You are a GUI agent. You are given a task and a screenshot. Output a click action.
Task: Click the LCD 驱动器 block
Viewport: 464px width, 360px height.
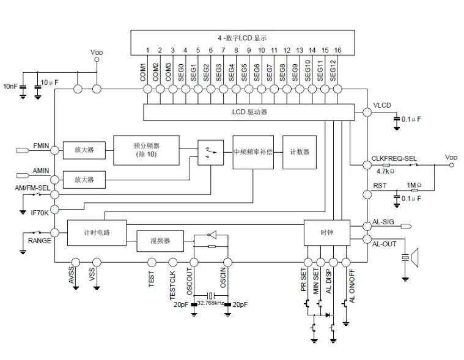pos(249,112)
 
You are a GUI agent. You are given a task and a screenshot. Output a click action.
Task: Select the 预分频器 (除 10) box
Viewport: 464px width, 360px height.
pos(146,150)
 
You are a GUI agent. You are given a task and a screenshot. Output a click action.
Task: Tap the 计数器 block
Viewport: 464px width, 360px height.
pos(300,152)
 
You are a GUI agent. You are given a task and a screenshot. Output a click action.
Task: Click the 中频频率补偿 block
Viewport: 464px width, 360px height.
pos(253,152)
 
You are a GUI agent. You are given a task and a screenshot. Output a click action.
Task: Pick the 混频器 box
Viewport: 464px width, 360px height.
pos(160,241)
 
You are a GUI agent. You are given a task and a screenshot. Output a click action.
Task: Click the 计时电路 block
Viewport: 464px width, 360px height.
pos(97,233)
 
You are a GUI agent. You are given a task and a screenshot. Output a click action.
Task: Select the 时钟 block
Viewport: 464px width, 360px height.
pos(327,232)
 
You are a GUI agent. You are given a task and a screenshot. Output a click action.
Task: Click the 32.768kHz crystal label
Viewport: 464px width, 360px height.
pos(210,303)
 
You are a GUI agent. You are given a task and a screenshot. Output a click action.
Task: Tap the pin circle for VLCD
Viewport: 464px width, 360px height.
pos(367,112)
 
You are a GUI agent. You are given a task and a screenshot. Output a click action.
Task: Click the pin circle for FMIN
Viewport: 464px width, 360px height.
pos(55,150)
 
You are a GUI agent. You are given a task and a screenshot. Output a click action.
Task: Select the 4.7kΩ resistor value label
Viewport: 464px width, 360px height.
pos(385,171)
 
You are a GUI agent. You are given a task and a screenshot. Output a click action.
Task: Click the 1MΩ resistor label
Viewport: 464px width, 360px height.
pos(414,185)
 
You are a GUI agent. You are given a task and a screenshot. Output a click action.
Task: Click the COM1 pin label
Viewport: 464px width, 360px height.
pos(143,72)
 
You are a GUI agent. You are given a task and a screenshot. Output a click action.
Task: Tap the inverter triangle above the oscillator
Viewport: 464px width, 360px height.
pos(212,235)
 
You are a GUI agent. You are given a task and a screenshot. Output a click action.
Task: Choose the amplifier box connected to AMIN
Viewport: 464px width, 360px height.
pos(84,180)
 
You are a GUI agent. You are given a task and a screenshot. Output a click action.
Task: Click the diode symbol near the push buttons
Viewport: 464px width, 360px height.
pos(328,315)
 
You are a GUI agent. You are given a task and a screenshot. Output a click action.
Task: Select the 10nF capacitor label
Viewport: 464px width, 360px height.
pos(10,86)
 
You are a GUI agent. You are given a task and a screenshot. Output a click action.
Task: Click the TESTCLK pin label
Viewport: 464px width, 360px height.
pos(172,285)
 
